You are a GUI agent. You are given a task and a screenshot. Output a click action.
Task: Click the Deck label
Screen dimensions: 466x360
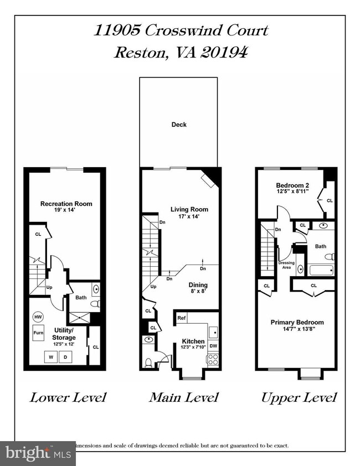click(178, 125)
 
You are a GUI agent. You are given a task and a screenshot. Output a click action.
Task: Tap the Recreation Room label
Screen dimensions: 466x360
click(66, 204)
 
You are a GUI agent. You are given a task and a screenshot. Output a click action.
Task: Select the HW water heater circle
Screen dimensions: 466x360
click(38, 317)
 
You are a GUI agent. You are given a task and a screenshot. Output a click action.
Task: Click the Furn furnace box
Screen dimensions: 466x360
click(38, 333)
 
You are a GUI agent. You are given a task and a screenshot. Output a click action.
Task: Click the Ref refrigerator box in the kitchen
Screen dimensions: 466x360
click(181, 318)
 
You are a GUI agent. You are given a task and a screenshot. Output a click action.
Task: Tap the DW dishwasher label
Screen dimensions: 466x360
click(213, 345)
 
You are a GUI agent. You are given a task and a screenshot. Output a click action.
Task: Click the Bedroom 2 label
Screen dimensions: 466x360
click(291, 185)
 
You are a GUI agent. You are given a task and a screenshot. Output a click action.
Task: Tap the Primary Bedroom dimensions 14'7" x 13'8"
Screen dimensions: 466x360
click(297, 330)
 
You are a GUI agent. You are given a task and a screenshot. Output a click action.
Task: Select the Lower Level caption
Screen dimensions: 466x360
click(68, 397)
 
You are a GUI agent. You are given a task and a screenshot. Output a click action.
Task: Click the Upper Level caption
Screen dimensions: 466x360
click(299, 397)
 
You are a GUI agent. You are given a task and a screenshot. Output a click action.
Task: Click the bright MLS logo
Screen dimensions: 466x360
click(38, 453)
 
